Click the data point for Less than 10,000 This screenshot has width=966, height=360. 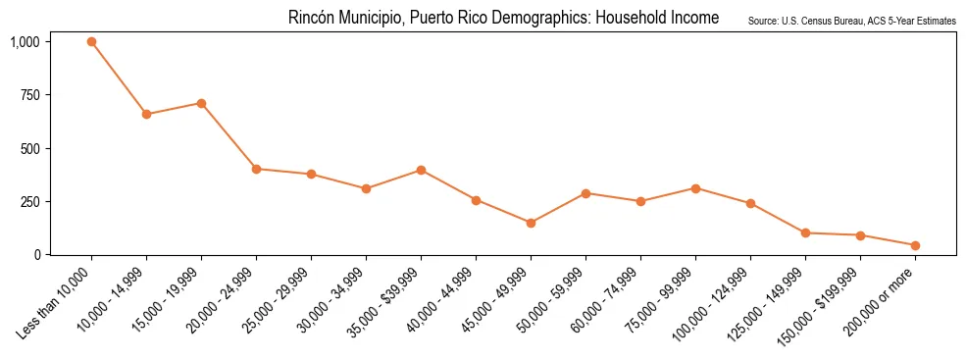[91, 42]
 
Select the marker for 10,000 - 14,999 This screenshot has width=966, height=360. [146, 115]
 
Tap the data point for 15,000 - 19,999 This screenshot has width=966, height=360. [201, 103]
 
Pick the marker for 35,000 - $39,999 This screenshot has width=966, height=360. [421, 170]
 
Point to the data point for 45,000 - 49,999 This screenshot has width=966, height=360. [531, 223]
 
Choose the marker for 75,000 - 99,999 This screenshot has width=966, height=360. [695, 188]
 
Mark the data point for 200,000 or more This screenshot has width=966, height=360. [915, 245]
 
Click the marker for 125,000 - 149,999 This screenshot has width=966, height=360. [805, 233]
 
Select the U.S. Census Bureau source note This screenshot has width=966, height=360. [851, 21]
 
